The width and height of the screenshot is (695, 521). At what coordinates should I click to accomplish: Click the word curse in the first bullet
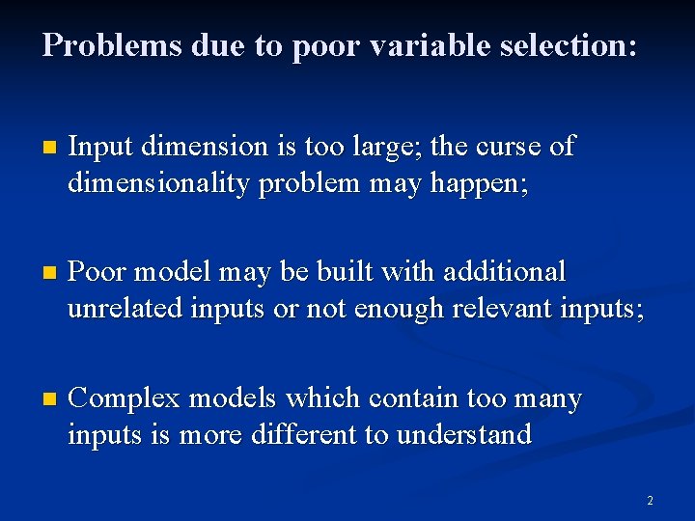point(510,147)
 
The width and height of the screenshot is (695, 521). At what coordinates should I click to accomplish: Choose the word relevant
point(513,309)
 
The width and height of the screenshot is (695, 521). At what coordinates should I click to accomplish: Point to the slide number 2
point(650,501)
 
